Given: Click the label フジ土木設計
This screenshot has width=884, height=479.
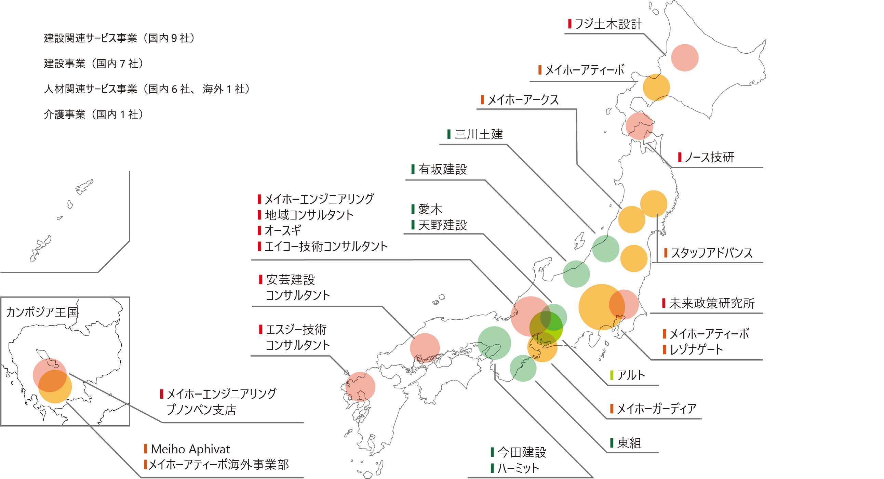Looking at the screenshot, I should tap(608, 24).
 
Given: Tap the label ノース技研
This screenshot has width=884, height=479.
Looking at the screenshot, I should tap(709, 158).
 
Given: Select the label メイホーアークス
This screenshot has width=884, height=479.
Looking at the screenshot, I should tap(523, 100).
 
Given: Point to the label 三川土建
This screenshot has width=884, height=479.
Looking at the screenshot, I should tap(478, 134).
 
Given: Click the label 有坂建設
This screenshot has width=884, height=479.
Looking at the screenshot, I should tap(442, 169).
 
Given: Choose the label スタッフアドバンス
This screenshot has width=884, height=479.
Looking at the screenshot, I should tap(711, 253).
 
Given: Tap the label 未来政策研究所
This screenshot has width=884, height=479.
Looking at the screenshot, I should tap(712, 303).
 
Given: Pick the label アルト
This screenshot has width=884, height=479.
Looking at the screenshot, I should tap(631, 375).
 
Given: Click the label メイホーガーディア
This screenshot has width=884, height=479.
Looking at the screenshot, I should tap(656, 409).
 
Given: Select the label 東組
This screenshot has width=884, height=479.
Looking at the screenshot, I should tap(629, 443).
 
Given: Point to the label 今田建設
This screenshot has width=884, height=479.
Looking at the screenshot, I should tap(522, 452).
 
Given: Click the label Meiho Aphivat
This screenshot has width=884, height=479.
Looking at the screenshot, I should tap(190, 449).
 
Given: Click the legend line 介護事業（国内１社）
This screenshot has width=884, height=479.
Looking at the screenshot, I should tap(93, 114).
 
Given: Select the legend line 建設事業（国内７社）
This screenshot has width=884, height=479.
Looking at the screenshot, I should tap(93, 64).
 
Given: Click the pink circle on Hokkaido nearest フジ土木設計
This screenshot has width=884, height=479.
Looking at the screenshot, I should tap(685, 58).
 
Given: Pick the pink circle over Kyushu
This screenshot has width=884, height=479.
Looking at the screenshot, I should tap(360, 387).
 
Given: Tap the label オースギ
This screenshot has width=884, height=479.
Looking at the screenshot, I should tap(283, 230).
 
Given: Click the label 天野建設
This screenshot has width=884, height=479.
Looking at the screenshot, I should tap(442, 225).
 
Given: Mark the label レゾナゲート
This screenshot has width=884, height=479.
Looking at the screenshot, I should tap(696, 350).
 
